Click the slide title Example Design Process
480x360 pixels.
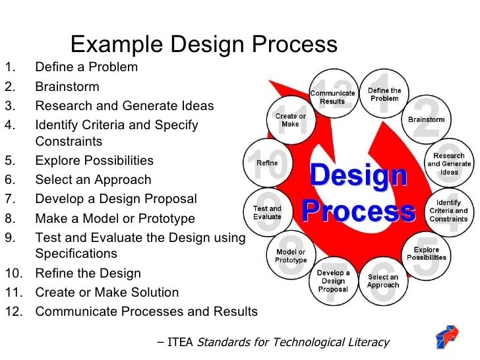pos(204,44)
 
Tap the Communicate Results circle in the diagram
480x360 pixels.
pos(332,97)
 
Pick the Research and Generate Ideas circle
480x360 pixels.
pos(449,164)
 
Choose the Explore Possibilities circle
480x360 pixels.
pos(426,254)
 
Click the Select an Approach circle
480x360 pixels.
pos(383,282)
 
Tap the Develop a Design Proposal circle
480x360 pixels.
pos(333,281)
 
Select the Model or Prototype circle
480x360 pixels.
pos(291,256)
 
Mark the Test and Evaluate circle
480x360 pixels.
pos(267,212)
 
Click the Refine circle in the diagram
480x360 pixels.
pos(267,163)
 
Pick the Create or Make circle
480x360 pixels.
pos(290,120)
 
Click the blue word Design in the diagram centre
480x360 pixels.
pos(358,176)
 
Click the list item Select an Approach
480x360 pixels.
pos(93,180)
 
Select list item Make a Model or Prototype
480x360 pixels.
pos(115,218)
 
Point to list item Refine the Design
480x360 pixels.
pos(88,273)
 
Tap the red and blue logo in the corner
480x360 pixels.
pos(450,336)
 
